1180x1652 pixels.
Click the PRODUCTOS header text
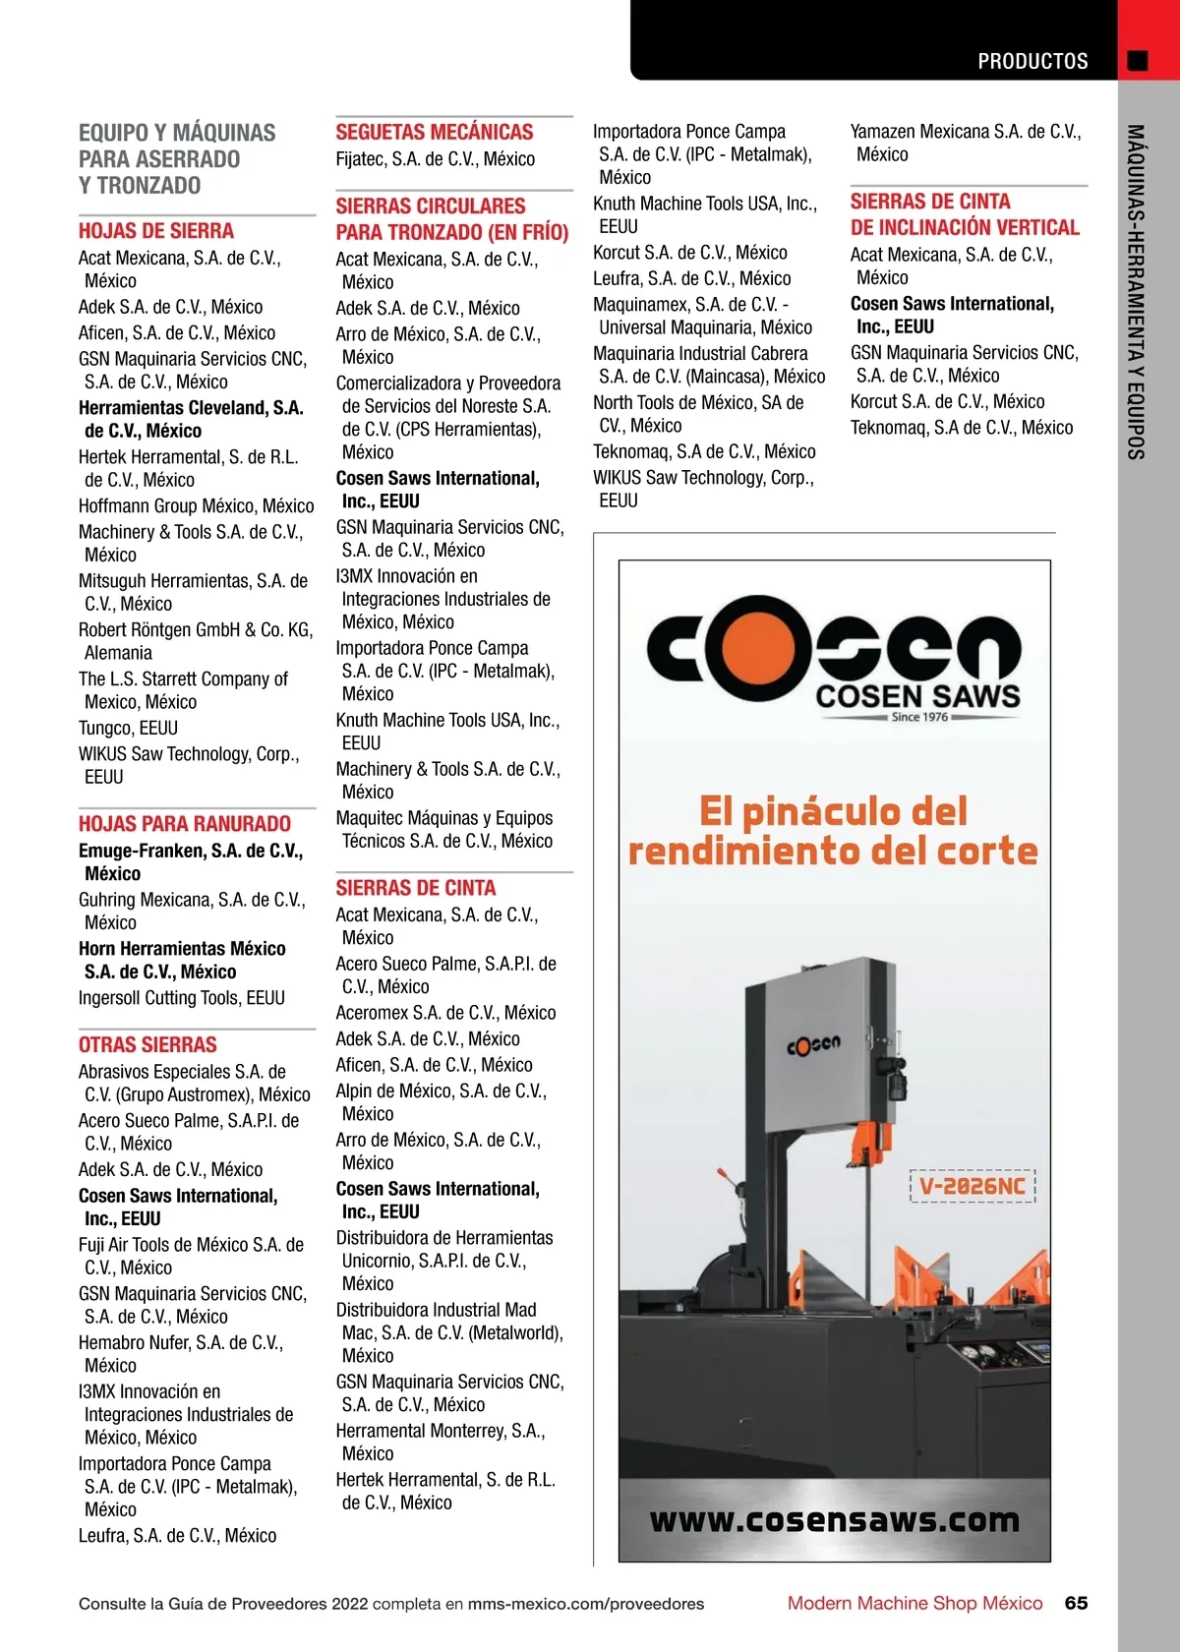pos(1032,62)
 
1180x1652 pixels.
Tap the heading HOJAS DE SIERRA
pos(156,231)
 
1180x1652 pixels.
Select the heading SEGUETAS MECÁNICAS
pos(434,132)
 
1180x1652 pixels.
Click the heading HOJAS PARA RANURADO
pos(185,824)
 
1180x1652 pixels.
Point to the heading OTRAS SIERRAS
pos(147,1044)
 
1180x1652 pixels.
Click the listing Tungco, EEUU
pos(128,728)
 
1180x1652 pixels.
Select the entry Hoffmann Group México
pos(196,505)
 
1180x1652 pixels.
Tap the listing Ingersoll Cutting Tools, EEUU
pos(182,997)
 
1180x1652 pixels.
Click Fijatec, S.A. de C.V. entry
pos(435,158)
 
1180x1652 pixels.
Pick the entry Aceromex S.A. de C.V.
pos(445,1012)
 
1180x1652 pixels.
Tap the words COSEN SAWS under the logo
pos(917,696)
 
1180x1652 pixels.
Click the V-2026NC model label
pos(973,1186)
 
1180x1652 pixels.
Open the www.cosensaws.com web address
pos(834,1520)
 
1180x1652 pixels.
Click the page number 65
pos(1076,1603)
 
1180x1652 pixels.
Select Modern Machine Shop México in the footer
pos(914,1603)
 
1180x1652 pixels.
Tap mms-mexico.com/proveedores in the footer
pos(585,1604)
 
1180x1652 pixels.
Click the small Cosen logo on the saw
pos(813,1044)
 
